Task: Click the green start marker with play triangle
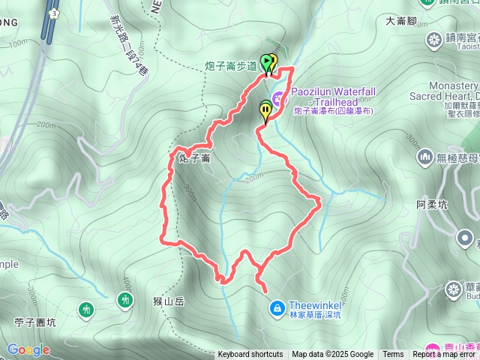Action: (x=266, y=62)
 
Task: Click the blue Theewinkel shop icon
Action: (x=277, y=307)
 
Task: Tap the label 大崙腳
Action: (x=400, y=21)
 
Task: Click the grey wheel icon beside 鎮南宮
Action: (x=433, y=38)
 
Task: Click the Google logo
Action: (x=28, y=349)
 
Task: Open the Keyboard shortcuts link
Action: (x=250, y=355)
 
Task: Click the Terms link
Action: (x=393, y=355)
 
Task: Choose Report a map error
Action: (x=443, y=355)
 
